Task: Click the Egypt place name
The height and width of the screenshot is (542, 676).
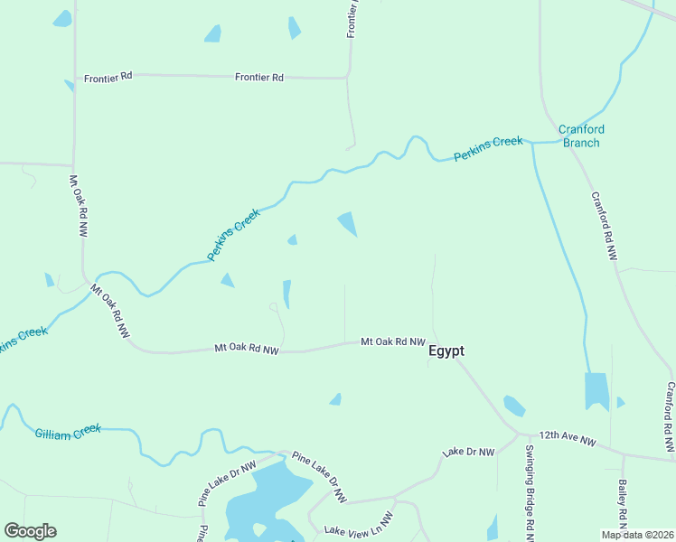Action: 446,351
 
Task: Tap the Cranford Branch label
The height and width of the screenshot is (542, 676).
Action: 581,135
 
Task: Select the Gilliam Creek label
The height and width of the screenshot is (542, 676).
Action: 68,432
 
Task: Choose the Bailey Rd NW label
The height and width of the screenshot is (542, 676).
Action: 624,504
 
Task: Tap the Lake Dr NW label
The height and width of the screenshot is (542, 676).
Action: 468,452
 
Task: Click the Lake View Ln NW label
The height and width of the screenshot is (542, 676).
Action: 359,525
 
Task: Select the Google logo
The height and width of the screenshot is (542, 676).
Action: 30,531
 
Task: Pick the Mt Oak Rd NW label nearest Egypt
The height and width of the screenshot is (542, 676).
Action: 392,341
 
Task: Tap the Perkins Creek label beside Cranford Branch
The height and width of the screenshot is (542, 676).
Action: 488,149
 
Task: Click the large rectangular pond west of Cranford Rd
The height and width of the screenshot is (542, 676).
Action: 596,391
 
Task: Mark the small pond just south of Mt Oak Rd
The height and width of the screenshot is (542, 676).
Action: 336,399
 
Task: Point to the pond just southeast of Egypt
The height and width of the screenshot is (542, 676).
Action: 514,406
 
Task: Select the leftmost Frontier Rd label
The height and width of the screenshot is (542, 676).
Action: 108,78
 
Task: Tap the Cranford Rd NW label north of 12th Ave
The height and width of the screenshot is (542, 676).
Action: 604,226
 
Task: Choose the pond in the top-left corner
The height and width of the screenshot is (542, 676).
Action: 61,18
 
